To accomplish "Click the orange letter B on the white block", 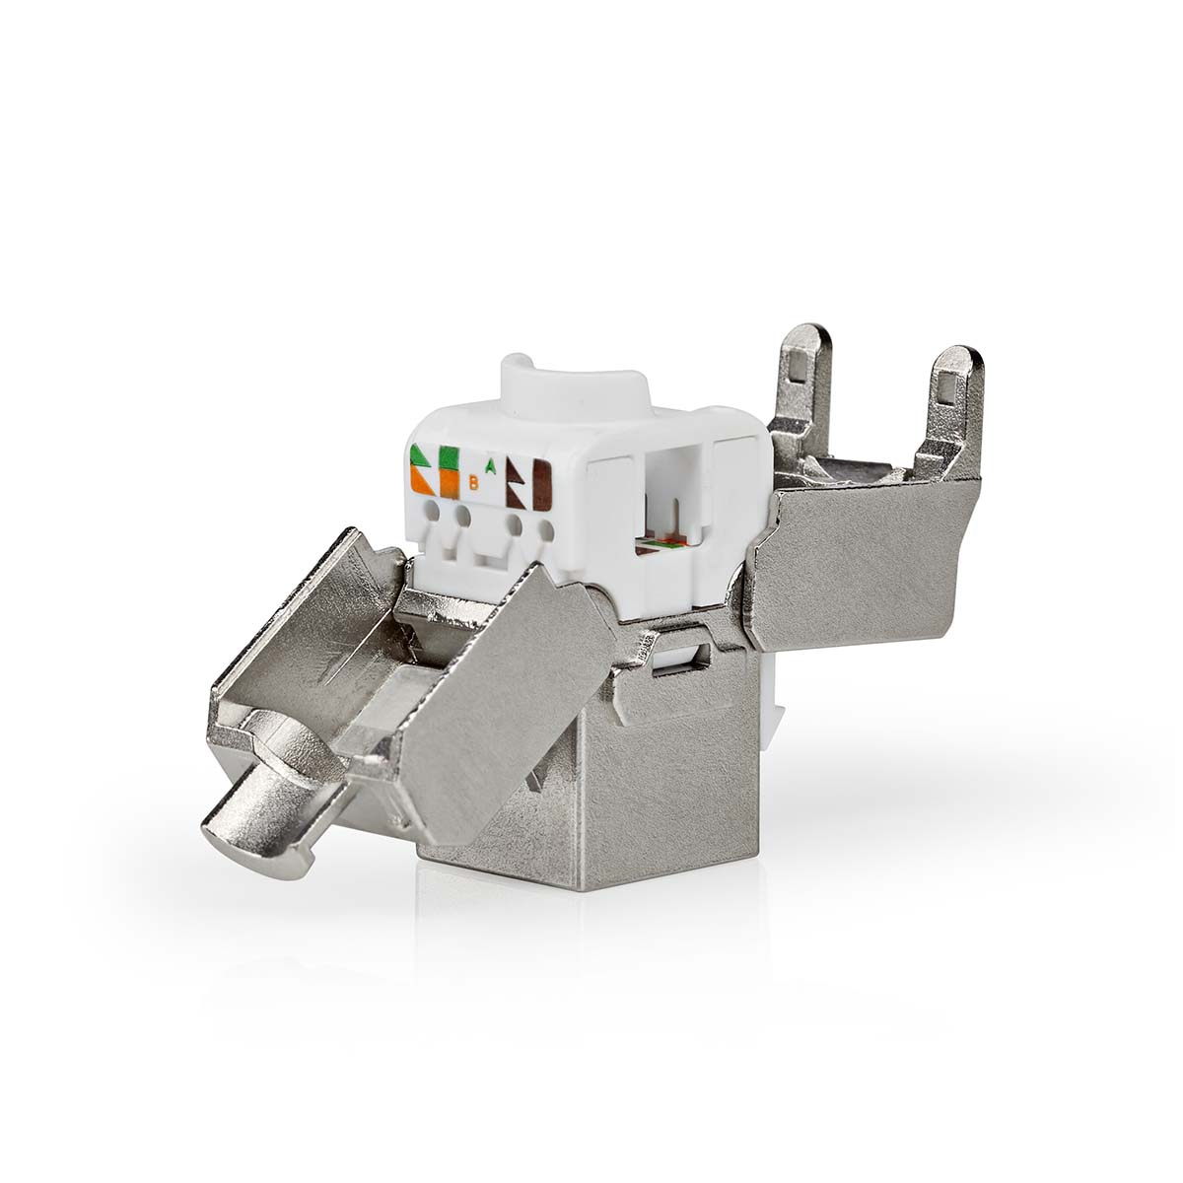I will (x=473, y=483).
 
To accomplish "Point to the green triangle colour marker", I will (x=421, y=459).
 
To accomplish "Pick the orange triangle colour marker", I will (x=421, y=481).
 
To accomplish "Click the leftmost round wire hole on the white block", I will (x=430, y=513).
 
